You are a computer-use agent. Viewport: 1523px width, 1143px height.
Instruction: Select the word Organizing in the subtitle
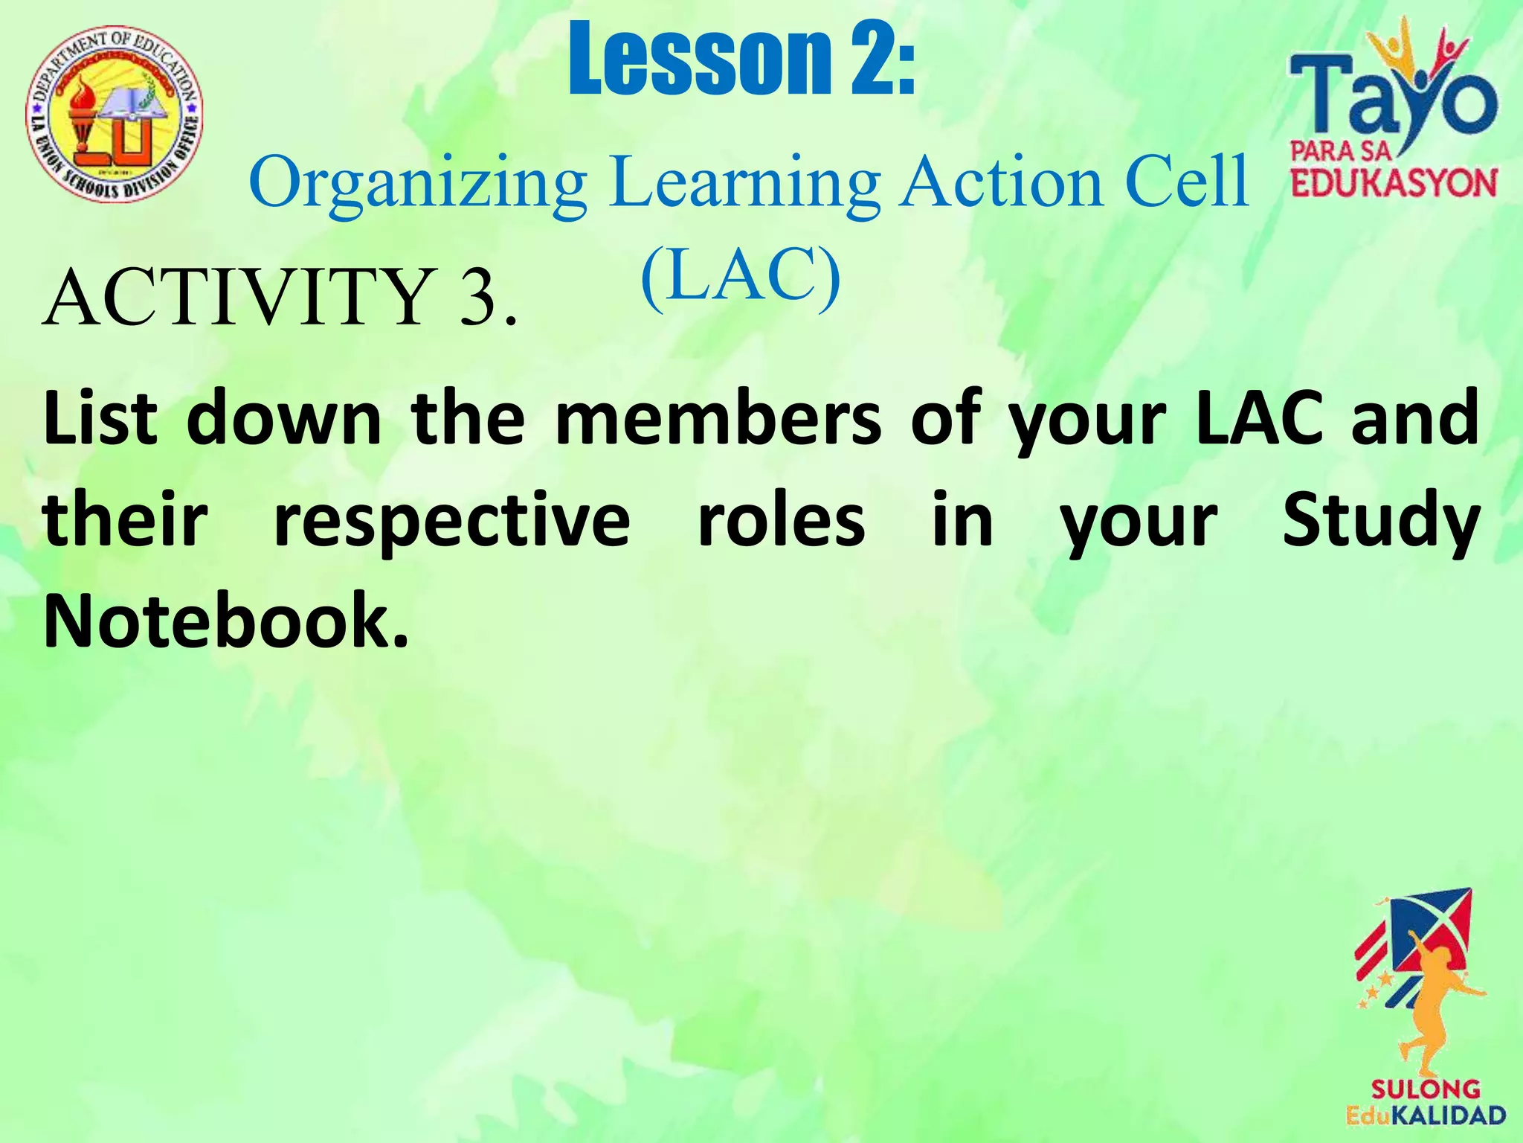click(x=417, y=182)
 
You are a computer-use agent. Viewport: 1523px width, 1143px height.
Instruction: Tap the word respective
click(x=452, y=521)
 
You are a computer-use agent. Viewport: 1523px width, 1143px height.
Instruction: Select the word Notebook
click(x=225, y=621)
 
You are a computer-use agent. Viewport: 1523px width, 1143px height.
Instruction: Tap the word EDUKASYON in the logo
click(x=1394, y=183)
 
